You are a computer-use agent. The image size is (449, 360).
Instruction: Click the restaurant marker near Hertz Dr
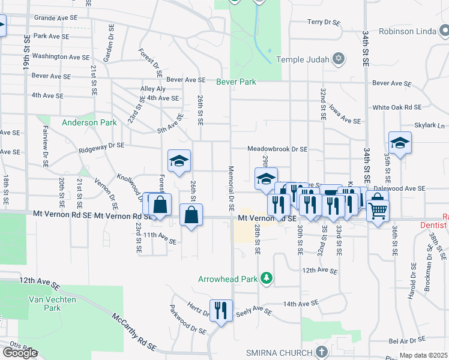tap(221, 310)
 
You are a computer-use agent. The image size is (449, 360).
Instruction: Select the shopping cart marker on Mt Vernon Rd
tap(378, 210)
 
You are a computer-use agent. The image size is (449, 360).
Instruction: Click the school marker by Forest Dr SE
tap(179, 161)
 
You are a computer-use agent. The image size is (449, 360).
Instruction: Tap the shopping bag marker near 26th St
tap(191, 215)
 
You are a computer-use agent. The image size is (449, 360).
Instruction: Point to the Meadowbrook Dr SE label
tap(277, 149)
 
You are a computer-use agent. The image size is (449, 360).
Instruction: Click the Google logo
tap(20, 352)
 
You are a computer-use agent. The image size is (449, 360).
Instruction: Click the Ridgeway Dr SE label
tap(100, 146)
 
